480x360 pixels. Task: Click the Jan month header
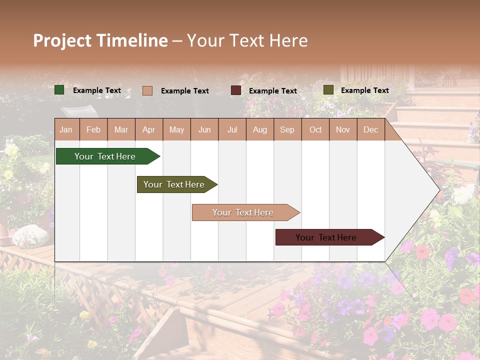coord(66,129)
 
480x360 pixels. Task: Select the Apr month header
coord(148,129)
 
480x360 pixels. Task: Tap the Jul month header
coord(232,129)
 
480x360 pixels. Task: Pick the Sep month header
coord(287,129)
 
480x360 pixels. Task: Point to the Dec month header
coord(370,129)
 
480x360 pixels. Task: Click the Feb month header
coord(93,129)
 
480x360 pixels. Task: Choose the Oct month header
coord(315,129)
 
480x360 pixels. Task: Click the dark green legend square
coord(59,90)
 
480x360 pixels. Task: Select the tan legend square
coord(147,90)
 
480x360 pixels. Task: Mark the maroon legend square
coord(236,90)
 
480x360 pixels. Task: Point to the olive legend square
coord(328,90)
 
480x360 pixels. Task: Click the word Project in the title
coord(62,40)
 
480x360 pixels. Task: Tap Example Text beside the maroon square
coord(272,91)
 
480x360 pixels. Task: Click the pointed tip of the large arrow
coord(438,190)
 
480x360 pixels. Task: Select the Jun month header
coord(204,129)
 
